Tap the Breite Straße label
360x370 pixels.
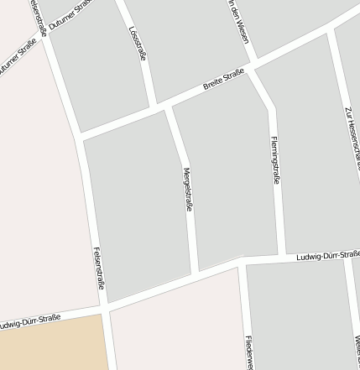point(222,81)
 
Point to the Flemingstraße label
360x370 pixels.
point(275,159)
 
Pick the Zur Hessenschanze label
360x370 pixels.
point(352,134)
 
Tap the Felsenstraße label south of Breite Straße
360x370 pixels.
point(98,268)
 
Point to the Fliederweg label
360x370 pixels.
point(249,352)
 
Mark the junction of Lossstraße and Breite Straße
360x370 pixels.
point(153,106)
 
